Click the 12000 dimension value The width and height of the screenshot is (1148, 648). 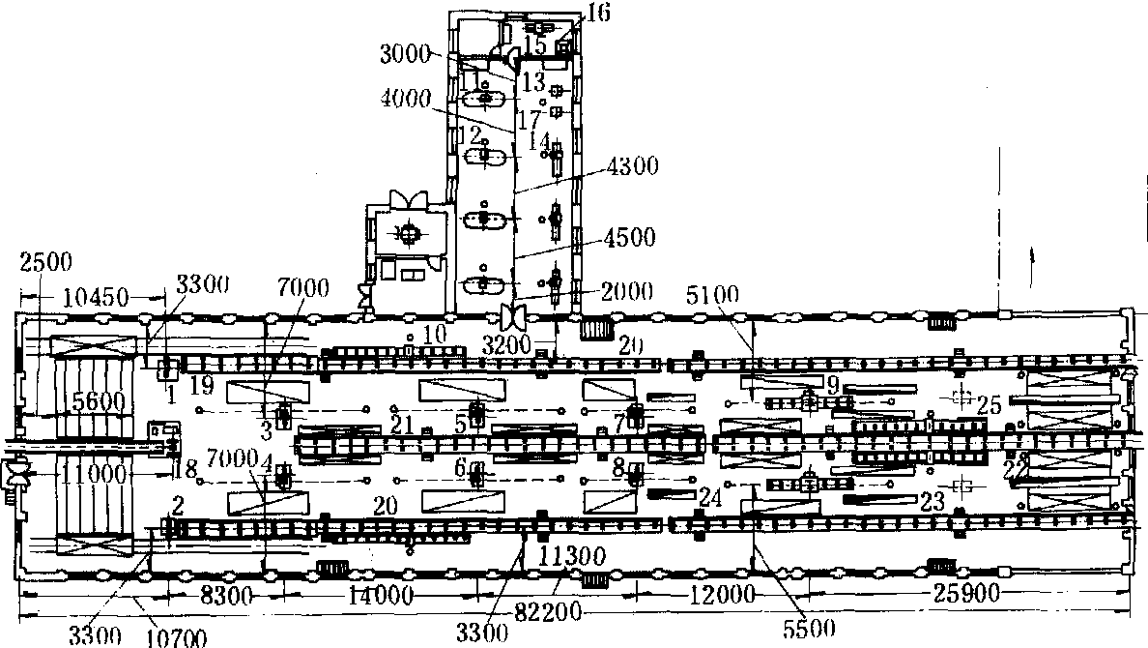[719, 592]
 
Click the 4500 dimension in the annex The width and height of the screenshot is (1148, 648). [630, 237]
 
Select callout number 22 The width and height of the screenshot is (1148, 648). [1015, 468]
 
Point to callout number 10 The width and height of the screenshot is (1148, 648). [435, 332]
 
